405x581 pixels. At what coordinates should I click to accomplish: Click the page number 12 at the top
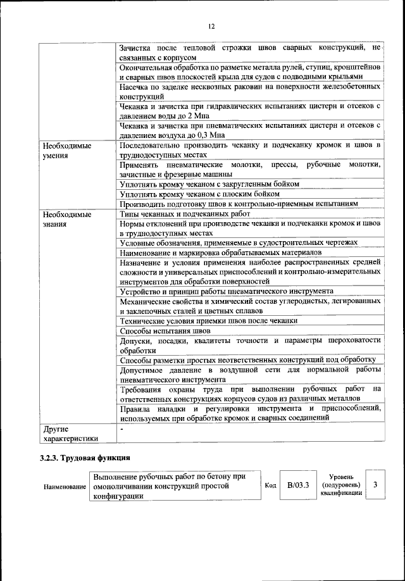click(211, 26)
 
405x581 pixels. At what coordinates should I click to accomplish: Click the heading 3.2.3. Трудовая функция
click(85, 458)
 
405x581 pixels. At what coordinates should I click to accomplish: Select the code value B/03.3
click(297, 485)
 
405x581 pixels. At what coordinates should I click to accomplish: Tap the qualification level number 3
click(375, 485)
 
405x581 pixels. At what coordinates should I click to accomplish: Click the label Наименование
click(65, 486)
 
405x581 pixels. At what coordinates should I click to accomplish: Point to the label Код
click(270, 485)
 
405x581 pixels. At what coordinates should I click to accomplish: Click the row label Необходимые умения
click(63, 150)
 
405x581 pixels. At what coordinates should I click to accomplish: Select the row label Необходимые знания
click(63, 219)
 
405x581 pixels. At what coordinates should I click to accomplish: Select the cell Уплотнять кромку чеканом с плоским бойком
click(199, 194)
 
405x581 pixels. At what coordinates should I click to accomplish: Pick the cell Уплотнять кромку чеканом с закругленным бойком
click(209, 184)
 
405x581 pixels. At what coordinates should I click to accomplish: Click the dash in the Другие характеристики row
click(121, 428)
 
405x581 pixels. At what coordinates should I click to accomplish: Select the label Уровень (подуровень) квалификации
click(341, 485)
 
